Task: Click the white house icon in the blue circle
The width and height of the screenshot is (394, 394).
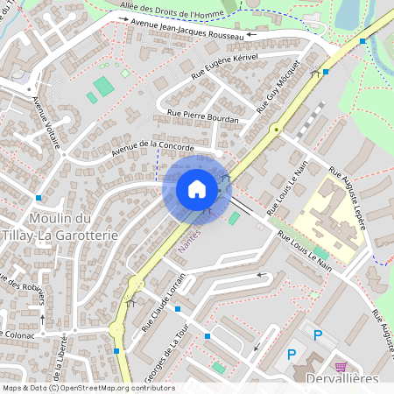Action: tap(197, 189)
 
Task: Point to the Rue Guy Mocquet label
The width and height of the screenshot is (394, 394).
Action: tap(279, 88)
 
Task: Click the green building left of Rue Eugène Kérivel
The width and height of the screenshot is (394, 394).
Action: tap(103, 86)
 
